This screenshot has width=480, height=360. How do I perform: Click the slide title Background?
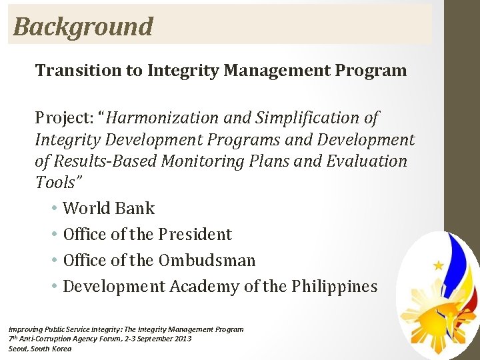click(83, 27)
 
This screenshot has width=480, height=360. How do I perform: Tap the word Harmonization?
click(161, 118)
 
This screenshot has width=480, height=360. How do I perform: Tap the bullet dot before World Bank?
click(53, 209)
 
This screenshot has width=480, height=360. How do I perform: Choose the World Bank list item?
click(109, 209)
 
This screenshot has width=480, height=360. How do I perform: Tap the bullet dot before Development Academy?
click(53, 287)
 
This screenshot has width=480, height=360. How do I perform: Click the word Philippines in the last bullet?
click(334, 287)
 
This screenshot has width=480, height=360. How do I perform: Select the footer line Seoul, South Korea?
click(39, 349)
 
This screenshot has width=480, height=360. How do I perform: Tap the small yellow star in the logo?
click(438, 265)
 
